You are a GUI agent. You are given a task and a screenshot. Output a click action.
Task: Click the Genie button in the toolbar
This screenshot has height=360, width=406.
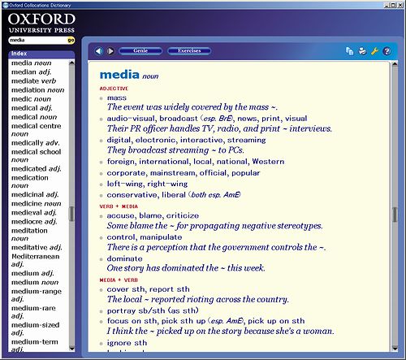click(140, 51)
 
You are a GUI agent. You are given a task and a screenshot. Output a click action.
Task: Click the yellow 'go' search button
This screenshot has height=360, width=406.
click(71, 39)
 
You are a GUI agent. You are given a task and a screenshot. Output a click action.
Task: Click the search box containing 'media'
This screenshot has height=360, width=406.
click(37, 39)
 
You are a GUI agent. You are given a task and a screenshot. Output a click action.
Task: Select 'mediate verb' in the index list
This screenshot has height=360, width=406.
click(33, 80)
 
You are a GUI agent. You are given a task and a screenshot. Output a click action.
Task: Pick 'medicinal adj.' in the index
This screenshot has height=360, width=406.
click(35, 194)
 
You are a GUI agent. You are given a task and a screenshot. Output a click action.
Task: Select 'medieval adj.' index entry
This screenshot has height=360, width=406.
click(36, 212)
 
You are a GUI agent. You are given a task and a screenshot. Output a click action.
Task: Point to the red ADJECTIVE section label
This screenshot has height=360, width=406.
click(114, 88)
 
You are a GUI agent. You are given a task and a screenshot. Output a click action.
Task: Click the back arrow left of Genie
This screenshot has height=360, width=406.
click(99, 51)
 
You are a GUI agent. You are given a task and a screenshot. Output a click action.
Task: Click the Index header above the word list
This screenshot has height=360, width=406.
click(19, 54)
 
